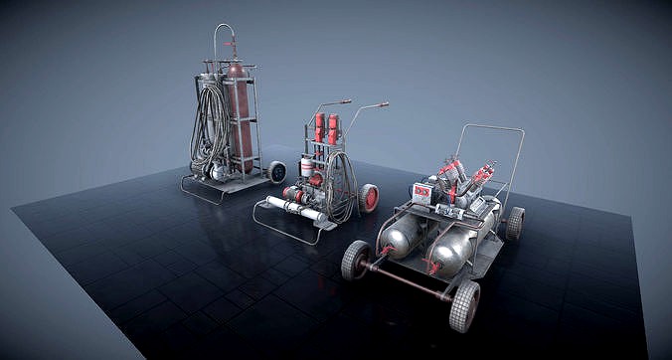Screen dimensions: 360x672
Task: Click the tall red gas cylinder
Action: tap(238, 114)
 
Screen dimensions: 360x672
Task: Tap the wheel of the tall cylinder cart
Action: tap(276, 171)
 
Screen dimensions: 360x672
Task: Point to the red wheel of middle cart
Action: tap(369, 197)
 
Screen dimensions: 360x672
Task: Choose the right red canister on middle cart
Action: tap(333, 128)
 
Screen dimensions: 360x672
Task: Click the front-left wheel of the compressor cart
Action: tap(356, 260)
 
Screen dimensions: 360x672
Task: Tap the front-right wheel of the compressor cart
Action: tap(464, 305)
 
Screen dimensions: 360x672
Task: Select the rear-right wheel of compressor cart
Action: tap(514, 223)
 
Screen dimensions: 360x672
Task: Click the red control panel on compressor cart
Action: tap(422, 192)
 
